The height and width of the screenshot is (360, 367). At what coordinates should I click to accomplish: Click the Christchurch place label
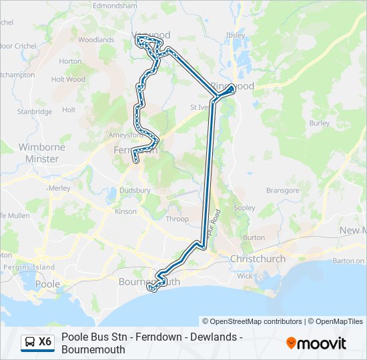click(258, 259)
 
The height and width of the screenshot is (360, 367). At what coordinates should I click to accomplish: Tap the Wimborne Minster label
click(41, 153)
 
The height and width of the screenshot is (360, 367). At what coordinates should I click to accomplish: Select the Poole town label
click(47, 284)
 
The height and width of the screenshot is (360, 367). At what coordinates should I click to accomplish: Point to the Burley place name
click(320, 123)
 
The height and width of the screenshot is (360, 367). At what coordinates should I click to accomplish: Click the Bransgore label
click(283, 191)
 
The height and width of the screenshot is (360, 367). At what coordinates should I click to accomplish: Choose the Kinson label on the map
click(125, 212)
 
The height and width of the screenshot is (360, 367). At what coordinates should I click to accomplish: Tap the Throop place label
click(177, 219)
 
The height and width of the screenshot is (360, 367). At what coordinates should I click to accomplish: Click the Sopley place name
click(245, 208)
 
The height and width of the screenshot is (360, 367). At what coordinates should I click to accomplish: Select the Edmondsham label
click(115, 5)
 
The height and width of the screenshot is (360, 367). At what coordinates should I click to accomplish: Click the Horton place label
click(70, 61)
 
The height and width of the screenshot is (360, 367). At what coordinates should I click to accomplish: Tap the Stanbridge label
click(35, 112)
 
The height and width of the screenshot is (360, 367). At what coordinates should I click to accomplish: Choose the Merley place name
click(59, 188)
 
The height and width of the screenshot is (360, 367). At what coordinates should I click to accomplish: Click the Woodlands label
click(96, 40)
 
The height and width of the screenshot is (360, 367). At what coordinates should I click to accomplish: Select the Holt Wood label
click(68, 79)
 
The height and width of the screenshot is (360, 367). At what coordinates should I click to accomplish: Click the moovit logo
click(316, 343)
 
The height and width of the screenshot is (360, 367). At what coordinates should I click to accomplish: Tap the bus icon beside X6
click(30, 342)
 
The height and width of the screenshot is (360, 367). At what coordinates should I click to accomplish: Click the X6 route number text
click(45, 342)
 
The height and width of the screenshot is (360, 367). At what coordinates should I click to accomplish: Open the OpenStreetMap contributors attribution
click(252, 321)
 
